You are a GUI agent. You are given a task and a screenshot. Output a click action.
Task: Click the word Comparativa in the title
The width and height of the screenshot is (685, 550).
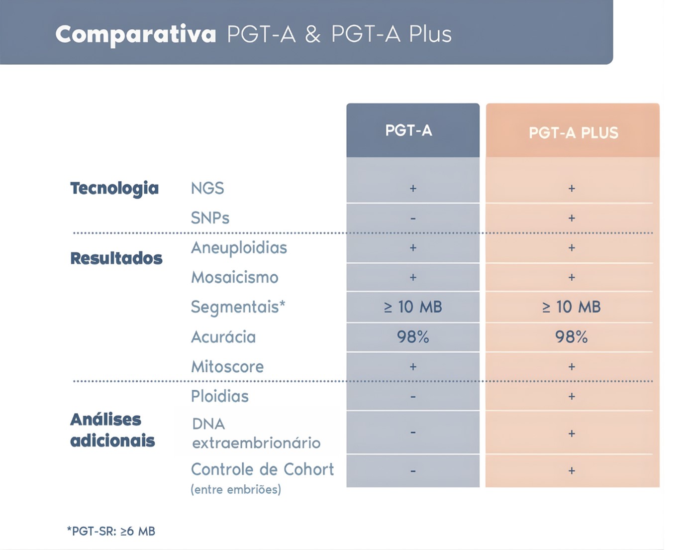click(x=135, y=34)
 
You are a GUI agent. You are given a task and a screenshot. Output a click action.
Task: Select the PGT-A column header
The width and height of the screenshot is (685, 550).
click(x=408, y=131)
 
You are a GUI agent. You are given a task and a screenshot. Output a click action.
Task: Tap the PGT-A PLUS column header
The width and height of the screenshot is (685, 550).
click(x=573, y=133)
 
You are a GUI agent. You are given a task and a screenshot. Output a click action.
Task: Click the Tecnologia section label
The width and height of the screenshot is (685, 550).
click(x=114, y=188)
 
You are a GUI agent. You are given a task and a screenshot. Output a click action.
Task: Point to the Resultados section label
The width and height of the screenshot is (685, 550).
click(x=116, y=258)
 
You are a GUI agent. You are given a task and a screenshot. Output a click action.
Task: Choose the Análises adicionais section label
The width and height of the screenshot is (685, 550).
click(x=112, y=430)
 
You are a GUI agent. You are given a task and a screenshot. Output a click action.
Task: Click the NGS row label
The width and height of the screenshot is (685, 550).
click(x=207, y=188)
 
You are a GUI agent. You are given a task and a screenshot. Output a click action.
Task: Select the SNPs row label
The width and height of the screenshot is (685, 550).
click(x=210, y=218)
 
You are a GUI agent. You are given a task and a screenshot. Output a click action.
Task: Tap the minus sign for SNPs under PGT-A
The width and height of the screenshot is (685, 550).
click(x=413, y=219)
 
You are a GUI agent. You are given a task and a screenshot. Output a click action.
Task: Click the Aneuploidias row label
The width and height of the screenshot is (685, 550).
click(x=239, y=247)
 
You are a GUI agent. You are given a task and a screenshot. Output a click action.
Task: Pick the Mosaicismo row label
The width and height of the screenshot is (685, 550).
click(x=235, y=277)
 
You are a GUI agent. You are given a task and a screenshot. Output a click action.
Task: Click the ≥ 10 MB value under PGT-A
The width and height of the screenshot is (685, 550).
click(x=413, y=307)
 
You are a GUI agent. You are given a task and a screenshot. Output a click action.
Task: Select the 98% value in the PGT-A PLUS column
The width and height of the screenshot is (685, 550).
click(x=571, y=337)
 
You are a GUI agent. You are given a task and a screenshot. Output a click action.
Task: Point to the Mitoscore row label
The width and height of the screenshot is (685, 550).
click(x=227, y=367)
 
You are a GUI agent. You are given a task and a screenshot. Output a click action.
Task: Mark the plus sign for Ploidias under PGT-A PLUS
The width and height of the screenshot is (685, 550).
click(x=572, y=397)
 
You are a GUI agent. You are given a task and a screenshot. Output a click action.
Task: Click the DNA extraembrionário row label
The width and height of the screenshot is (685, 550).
click(x=256, y=434)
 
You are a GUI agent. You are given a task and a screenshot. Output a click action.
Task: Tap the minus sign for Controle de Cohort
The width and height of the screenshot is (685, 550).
click(x=413, y=471)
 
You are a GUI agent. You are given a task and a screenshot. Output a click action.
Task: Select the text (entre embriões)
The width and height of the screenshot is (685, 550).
click(x=236, y=490)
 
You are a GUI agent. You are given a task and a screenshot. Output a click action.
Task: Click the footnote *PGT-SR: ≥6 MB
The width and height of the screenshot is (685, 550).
click(x=111, y=531)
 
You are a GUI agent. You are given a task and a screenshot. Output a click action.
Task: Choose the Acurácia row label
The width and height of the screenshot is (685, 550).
click(x=223, y=337)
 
